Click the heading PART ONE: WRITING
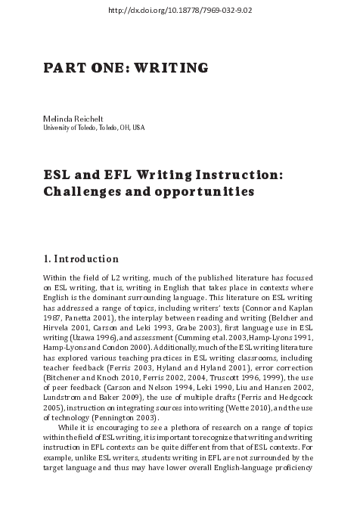point(126,68)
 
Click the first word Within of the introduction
point(56,278)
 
